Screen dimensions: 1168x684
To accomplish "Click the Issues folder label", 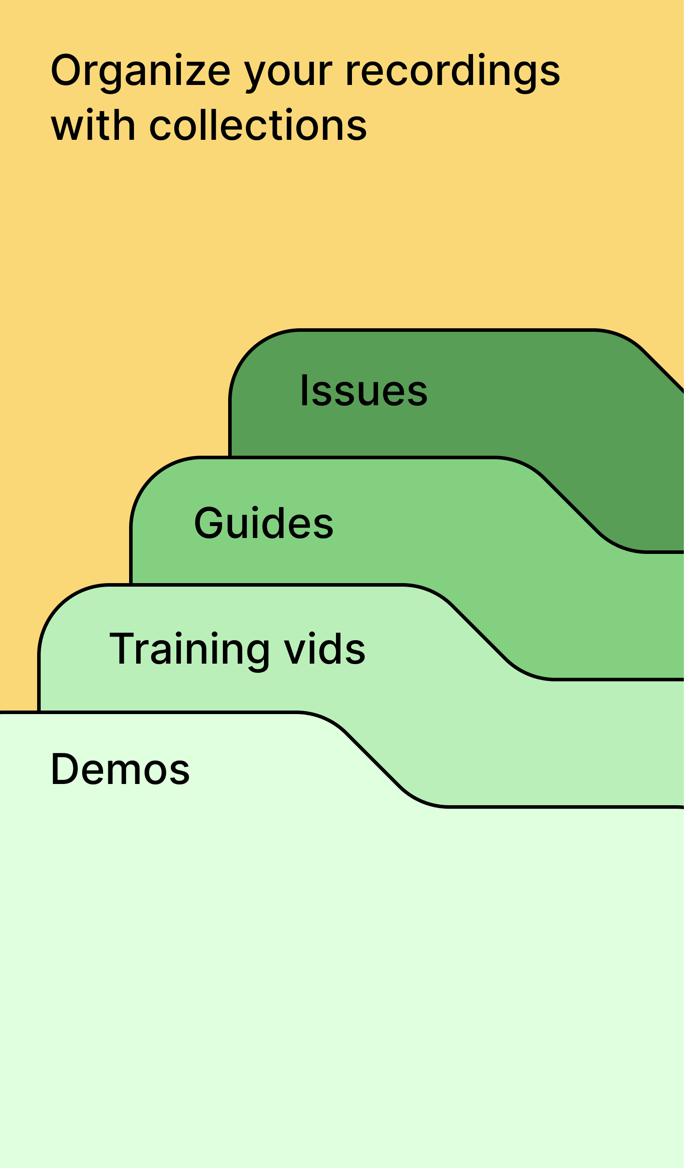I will tap(363, 391).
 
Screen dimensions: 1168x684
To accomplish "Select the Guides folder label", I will tap(264, 523).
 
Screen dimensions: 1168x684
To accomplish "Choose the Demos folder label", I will tap(120, 769).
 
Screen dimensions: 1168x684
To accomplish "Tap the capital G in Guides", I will tap(209, 523).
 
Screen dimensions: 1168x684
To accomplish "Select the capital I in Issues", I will tap(304, 390).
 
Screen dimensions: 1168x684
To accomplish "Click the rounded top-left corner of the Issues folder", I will tap(250, 350).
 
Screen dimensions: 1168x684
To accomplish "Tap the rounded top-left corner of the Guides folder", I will tap(151, 477).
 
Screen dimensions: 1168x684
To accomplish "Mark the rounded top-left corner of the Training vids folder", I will tap(59, 605).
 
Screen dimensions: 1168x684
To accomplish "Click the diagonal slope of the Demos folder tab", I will tap(373, 760).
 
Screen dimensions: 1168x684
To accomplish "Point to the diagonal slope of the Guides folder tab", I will tap(571, 505).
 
